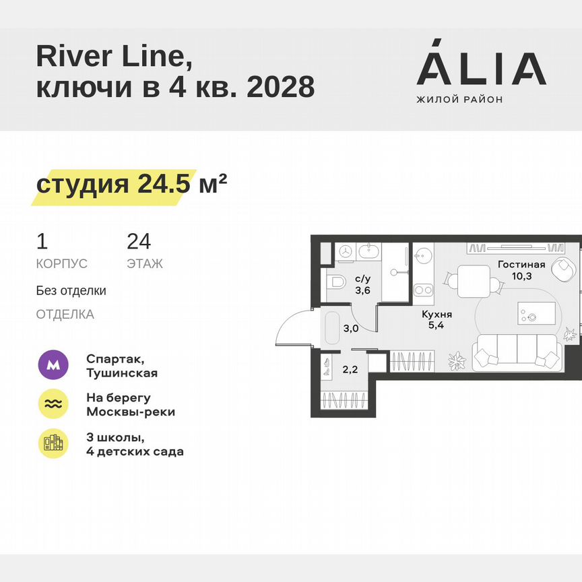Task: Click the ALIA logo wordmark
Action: [481, 69]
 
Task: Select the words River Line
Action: [114, 58]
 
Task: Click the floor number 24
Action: [139, 241]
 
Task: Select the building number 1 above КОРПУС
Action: [42, 241]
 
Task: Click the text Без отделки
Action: [71, 291]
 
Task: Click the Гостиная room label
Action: [521, 265]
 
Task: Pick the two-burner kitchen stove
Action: [424, 290]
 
